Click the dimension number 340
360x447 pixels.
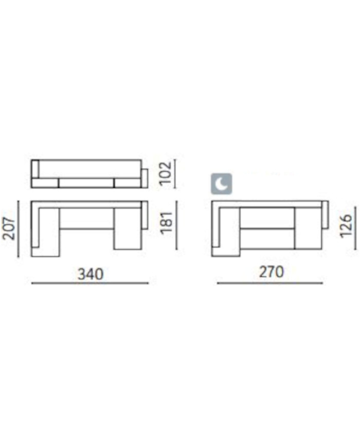[91, 274]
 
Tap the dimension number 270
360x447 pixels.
[272, 272]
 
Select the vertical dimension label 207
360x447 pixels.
[9, 229]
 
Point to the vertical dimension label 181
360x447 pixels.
[167, 223]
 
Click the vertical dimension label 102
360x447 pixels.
[166, 173]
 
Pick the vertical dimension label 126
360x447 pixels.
[346, 226]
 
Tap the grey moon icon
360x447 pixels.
[222, 184]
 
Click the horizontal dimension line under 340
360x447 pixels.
[90, 283]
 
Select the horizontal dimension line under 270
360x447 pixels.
[270, 283]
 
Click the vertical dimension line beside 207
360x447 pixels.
[19, 229]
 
